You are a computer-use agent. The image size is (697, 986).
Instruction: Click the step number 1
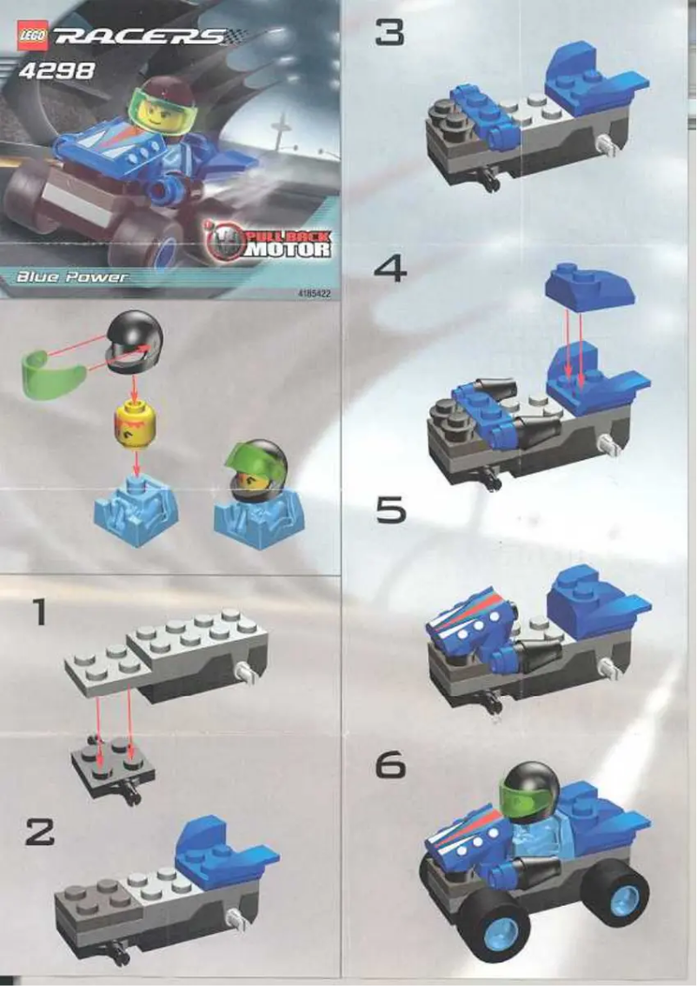(x=37, y=613)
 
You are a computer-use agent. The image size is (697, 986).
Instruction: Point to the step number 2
(x=39, y=832)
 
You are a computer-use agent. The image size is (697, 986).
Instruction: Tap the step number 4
(x=390, y=270)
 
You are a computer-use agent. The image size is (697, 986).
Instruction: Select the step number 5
(x=390, y=510)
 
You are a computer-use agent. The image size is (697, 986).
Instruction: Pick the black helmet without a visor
(x=136, y=343)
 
